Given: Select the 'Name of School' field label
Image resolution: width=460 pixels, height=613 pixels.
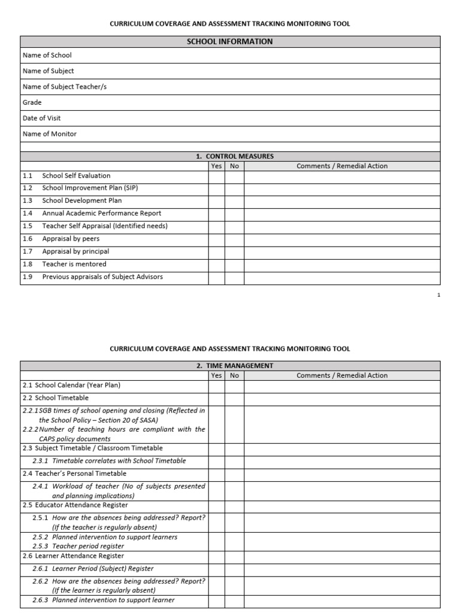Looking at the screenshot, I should coord(47,55).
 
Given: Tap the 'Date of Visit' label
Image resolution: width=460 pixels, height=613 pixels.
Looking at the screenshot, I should coord(42,118).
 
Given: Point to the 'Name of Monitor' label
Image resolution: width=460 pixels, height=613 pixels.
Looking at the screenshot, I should coord(50,133).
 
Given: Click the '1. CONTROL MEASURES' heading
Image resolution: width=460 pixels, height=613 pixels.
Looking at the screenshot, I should coord(234,156).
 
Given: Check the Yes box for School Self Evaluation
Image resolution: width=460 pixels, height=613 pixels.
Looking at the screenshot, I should coord(216,177).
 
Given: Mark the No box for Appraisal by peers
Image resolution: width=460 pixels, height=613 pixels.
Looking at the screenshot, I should coord(234,239).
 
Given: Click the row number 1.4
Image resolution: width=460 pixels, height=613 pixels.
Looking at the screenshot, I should coord(28,213).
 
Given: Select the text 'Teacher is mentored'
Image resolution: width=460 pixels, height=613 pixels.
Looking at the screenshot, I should coord(74,264).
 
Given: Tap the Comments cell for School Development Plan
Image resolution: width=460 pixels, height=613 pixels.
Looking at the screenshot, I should coord(341,201).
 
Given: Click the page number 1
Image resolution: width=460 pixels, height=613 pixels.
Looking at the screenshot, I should coord(438,295).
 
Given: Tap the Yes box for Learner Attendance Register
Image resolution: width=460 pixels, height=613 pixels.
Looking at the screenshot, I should coord(216,556).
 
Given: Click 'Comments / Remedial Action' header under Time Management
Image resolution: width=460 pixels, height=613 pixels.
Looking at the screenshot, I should coord(342,375).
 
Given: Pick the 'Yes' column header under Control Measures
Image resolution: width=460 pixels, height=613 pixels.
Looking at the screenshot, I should coord(216,166).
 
